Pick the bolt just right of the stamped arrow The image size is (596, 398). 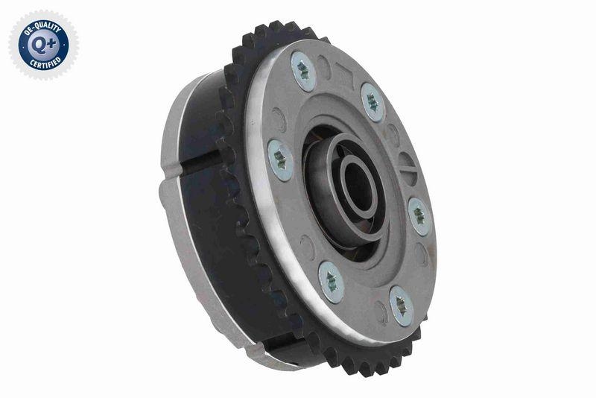click(372, 101)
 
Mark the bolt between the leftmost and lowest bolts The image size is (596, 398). click(330, 281)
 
